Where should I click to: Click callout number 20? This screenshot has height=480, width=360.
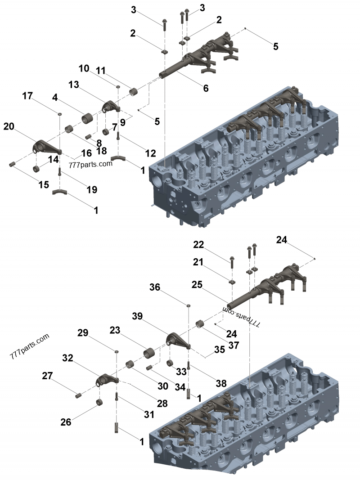pos(9,126)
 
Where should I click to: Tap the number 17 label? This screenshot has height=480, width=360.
pos(27,96)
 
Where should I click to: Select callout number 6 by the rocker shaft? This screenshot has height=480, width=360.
pos(206,89)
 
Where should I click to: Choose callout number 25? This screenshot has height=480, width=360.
pos(197,285)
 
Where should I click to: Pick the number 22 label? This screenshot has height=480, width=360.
pos(198,245)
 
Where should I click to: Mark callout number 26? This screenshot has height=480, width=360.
pos(66,422)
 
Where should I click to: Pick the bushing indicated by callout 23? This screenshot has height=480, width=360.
pos(149,353)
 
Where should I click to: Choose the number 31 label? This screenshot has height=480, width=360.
pos(149,414)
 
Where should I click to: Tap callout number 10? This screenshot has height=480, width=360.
pos(84,69)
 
